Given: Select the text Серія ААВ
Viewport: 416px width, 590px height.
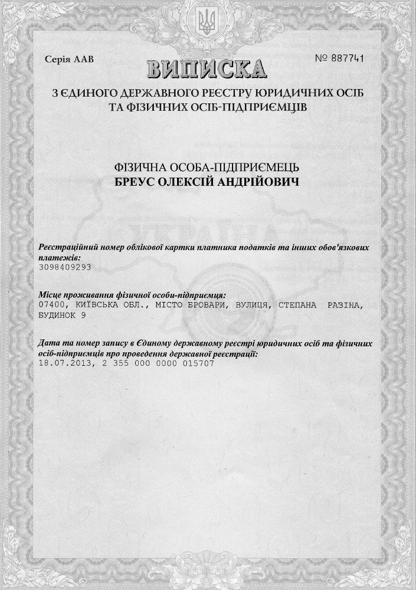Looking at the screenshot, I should point(69,59).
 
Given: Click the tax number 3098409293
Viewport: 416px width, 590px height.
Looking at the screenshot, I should point(64,267).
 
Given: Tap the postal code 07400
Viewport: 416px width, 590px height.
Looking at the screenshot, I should point(51,306).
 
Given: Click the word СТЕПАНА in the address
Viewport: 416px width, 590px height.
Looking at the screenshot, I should point(300,306).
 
